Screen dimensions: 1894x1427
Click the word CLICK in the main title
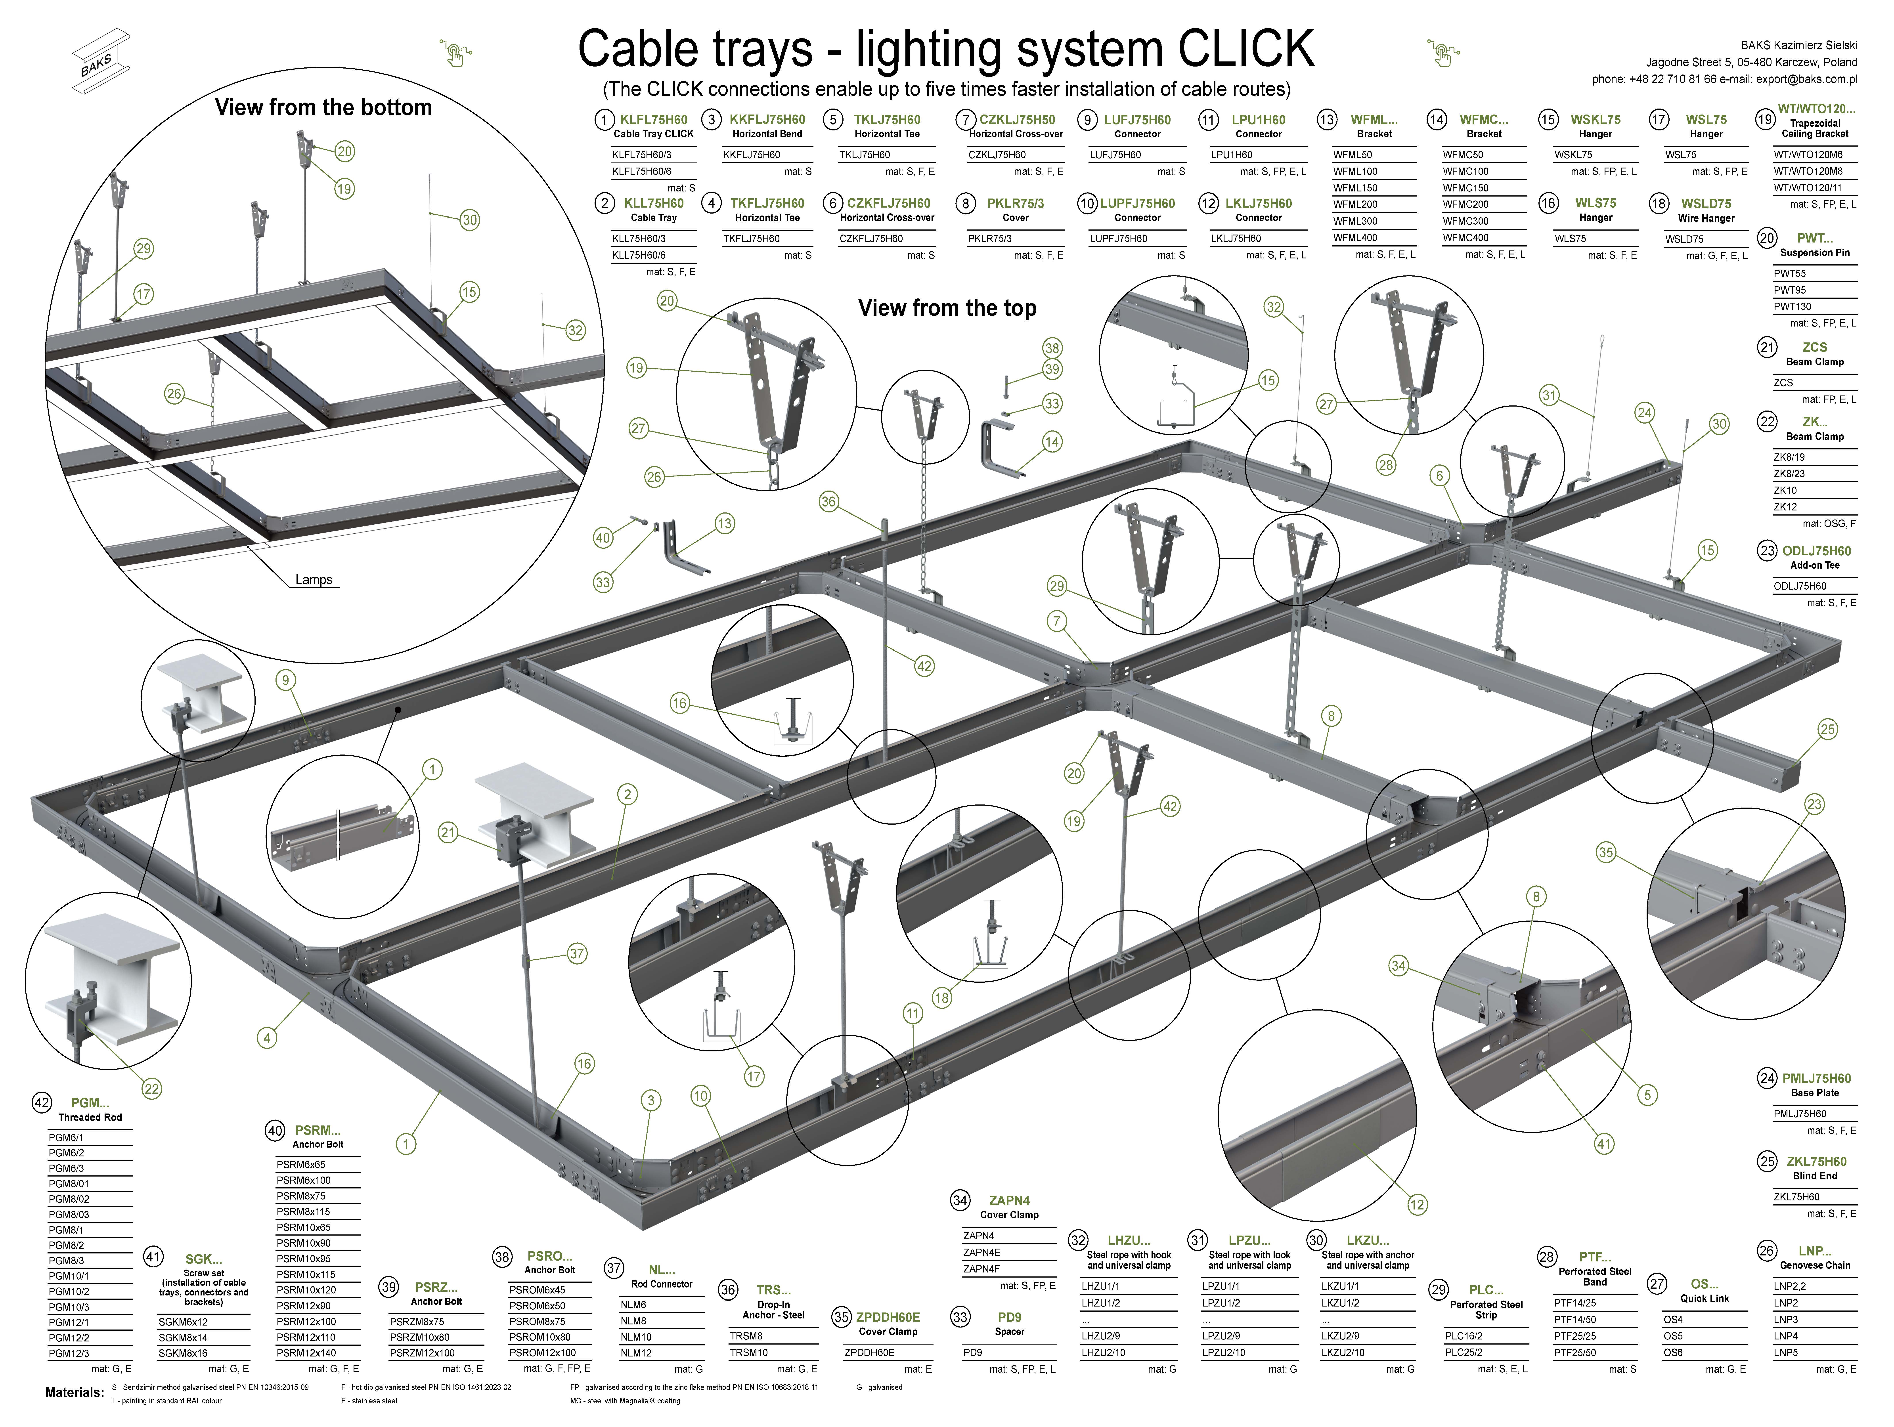pos(1246,49)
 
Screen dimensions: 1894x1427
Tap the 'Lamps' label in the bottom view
pos(313,579)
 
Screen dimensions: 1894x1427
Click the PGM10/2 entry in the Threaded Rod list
pos(69,1292)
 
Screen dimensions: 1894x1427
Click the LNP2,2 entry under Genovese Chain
pos(1790,1286)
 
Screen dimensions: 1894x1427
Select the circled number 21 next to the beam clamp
pos(448,832)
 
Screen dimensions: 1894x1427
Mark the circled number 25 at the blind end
pos(1827,729)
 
